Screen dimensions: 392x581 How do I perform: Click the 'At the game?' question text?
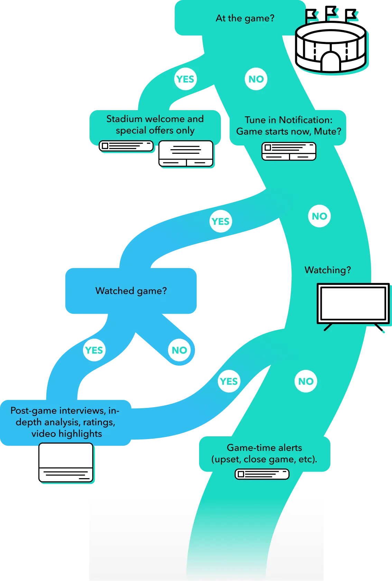tap(245, 18)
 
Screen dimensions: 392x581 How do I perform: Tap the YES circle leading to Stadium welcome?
tap(185, 79)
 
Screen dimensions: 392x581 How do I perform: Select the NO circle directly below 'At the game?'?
tap(256, 79)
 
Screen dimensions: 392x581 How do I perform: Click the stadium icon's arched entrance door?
tap(330, 61)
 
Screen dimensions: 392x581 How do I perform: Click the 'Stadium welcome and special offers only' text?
tap(155, 125)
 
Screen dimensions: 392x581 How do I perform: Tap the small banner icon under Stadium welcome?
tap(127, 146)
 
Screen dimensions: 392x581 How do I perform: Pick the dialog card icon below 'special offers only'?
tap(186, 153)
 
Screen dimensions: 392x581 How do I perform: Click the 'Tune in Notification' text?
tap(288, 120)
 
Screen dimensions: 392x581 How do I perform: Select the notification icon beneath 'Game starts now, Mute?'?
tap(289, 151)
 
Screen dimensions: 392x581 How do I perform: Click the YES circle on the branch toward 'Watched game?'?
tap(221, 221)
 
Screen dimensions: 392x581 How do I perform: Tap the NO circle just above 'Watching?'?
tap(319, 216)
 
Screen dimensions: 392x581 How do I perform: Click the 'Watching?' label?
tap(328, 270)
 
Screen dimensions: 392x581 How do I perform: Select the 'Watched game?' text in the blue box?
tap(131, 291)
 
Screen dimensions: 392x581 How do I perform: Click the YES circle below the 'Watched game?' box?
tap(94, 350)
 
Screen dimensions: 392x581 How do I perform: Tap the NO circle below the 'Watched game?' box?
tap(179, 350)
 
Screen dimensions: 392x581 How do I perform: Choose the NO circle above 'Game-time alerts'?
tap(306, 381)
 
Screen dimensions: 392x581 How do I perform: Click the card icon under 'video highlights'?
tap(66, 463)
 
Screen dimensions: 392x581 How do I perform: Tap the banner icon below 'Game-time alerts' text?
tap(262, 474)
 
